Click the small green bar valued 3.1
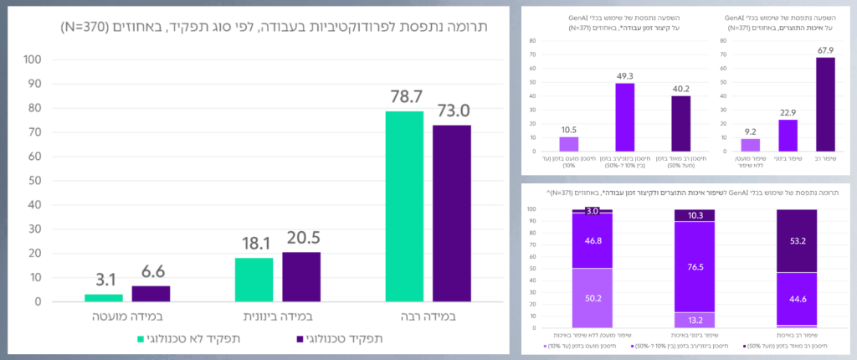104,297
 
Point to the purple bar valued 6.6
151,293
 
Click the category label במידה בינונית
277,319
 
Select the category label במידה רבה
428,319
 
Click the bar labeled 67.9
825,105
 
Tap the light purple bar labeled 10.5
568,144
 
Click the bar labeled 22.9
788,136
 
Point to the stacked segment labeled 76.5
695,267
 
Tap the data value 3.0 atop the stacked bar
593,211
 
